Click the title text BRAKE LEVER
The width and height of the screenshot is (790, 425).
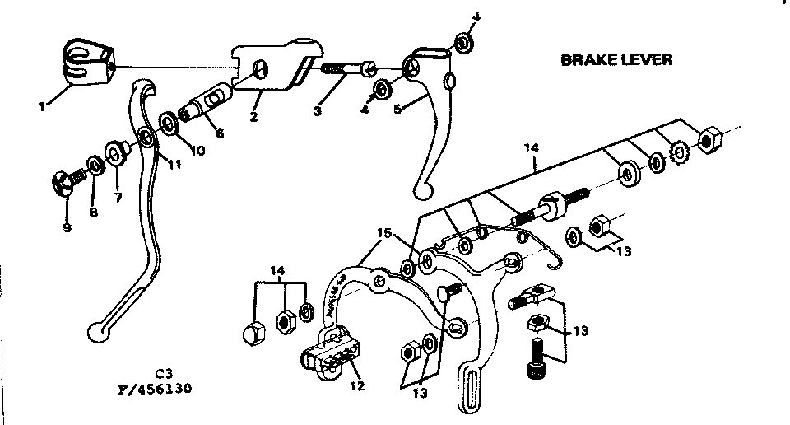point(616,60)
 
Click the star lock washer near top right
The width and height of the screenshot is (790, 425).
point(681,153)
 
